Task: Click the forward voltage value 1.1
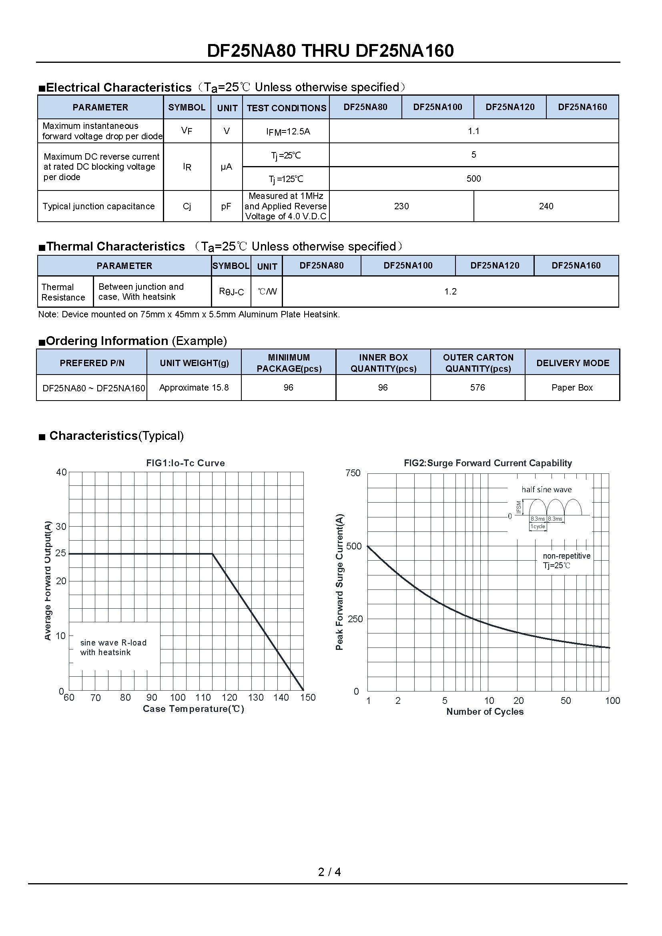click(x=473, y=131)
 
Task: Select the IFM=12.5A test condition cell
click(x=288, y=132)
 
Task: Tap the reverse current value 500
click(x=473, y=178)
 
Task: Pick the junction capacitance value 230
click(x=401, y=206)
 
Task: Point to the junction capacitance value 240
click(x=546, y=206)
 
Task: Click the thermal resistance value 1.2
click(x=450, y=291)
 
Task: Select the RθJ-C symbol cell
click(x=231, y=292)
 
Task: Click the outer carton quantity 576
click(x=477, y=387)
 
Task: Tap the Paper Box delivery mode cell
click(x=572, y=387)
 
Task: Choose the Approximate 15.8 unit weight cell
click(x=194, y=387)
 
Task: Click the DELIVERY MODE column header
click(x=572, y=363)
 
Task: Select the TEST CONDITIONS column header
click(x=286, y=108)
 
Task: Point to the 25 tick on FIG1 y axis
click(x=61, y=553)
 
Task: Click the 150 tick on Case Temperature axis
click(x=308, y=697)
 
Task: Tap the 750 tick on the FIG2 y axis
click(x=353, y=473)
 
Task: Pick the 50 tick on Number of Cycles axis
click(x=566, y=701)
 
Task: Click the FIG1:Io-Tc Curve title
click(x=185, y=463)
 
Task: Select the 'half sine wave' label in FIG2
click(x=546, y=489)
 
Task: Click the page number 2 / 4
click(x=329, y=872)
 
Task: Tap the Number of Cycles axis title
click(x=485, y=712)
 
